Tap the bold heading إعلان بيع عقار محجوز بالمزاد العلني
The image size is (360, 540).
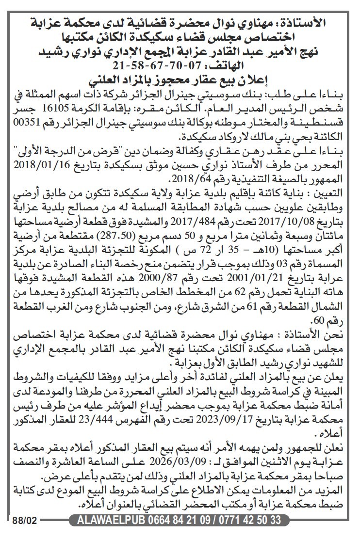[180, 79]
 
